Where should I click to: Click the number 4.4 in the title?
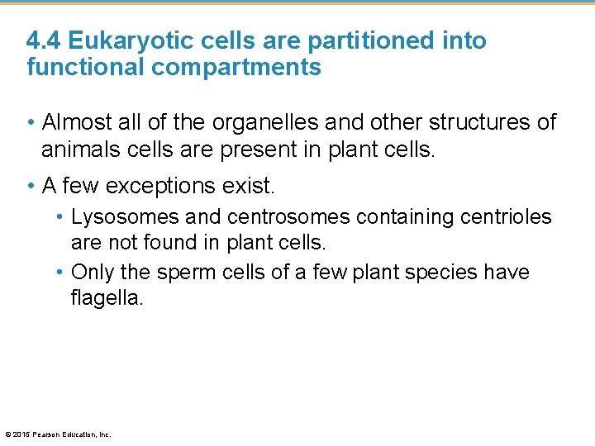44,40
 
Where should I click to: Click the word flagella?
107,297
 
